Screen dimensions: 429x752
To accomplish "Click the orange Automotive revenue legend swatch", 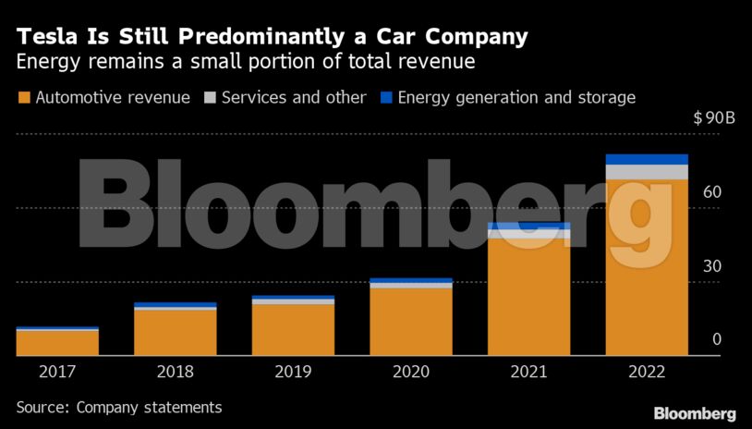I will pos(23,97).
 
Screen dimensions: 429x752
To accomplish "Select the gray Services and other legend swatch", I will pos(211,97).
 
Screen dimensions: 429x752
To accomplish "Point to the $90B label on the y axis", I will pos(713,119).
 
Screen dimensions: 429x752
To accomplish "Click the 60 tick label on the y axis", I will pos(711,192).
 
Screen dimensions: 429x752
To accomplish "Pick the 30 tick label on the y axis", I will pos(711,266).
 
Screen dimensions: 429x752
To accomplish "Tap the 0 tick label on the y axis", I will pos(716,339).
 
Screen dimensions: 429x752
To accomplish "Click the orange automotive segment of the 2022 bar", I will pos(647,268).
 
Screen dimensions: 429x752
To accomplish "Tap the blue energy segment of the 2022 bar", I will pos(647,159).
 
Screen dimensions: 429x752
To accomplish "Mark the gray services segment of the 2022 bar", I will pos(647,172).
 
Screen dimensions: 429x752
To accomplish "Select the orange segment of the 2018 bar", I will pos(176,333).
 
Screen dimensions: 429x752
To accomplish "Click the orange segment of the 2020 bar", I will pos(411,322).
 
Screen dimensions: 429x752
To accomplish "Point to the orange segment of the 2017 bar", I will pos(57,343).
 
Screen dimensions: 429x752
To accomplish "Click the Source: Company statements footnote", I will pos(118,407).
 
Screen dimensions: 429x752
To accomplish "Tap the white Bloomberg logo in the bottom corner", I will pos(695,412).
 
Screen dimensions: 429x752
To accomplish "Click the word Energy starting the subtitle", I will pos(46,62).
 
